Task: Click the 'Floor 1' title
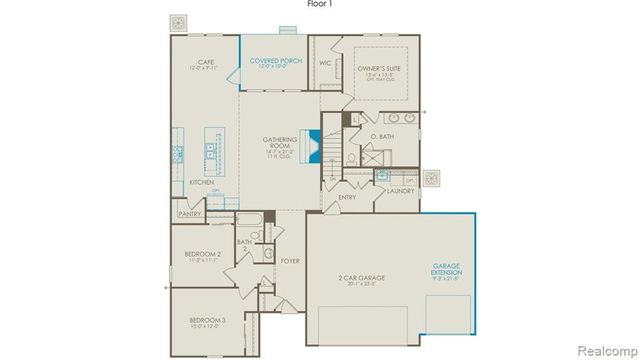click(320, 5)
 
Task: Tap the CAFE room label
click(207, 62)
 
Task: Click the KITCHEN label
click(202, 182)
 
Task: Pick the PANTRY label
click(190, 213)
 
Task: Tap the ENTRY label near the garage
click(347, 197)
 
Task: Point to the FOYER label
click(290, 261)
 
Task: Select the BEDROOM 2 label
click(204, 255)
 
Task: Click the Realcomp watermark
click(606, 351)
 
